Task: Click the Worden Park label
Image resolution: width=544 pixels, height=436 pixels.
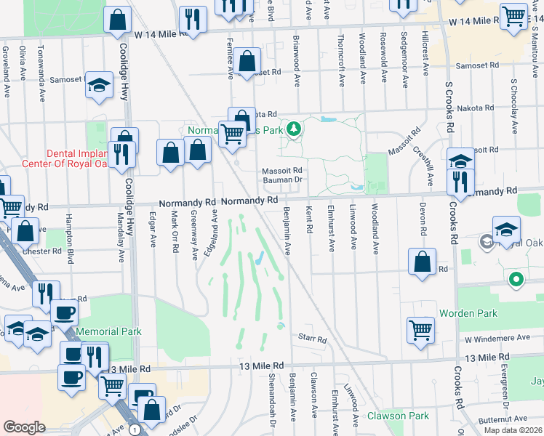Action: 468,313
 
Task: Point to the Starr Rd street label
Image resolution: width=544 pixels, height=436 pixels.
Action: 312,339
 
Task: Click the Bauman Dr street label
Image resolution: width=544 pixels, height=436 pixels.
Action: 281,179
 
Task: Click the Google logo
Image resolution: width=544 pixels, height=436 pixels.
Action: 24,427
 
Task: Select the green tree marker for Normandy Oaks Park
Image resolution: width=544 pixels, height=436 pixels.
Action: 293,130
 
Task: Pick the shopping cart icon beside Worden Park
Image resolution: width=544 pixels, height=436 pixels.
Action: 421,329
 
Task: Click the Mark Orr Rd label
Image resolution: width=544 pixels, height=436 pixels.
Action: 175,232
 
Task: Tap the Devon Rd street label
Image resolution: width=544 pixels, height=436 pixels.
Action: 422,218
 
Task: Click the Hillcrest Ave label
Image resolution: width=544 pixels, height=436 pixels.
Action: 426,47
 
